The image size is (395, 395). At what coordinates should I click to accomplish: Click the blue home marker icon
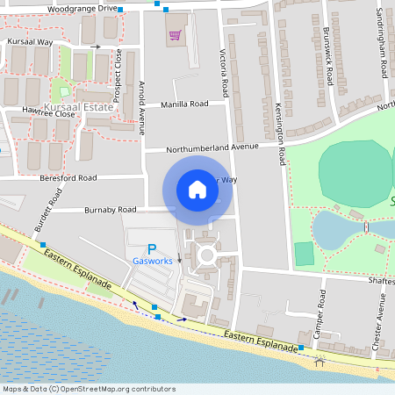(197, 189)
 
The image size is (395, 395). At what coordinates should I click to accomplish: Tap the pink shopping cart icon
(175, 36)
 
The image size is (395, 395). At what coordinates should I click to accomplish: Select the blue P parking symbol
(151, 249)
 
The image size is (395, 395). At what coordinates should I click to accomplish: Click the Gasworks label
(152, 262)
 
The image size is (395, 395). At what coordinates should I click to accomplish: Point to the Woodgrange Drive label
(83, 8)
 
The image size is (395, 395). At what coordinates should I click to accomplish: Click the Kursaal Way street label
(30, 41)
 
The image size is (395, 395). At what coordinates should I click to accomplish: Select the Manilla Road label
(184, 104)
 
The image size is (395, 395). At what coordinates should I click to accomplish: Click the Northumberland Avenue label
(206, 147)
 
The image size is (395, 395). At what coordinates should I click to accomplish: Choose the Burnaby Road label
(111, 210)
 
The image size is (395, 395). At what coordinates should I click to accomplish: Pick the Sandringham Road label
(381, 43)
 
